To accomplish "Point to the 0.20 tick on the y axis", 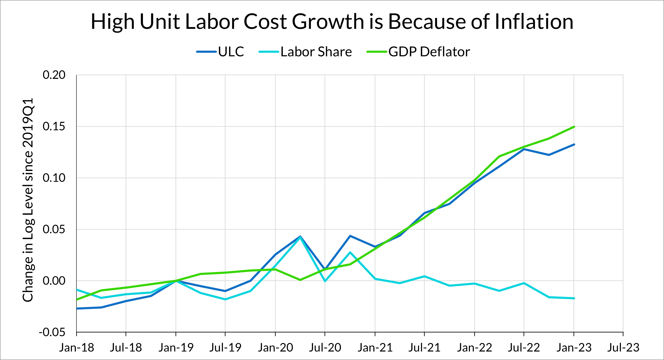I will click(54, 75).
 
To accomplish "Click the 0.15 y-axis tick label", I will click(54, 126).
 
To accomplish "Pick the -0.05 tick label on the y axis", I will click(52, 332).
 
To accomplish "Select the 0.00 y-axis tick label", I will click(54, 281).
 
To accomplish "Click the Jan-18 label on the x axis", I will click(77, 348).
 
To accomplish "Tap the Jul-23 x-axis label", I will click(623, 348).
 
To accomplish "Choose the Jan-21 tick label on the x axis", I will click(375, 348).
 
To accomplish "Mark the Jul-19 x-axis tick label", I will click(225, 348).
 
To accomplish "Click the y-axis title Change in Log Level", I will click(28, 200).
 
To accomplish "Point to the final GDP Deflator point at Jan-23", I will click(574, 127).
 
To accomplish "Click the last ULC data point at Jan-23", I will click(574, 144).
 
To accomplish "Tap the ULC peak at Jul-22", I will click(524, 149).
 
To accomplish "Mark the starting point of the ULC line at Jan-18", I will click(77, 309).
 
